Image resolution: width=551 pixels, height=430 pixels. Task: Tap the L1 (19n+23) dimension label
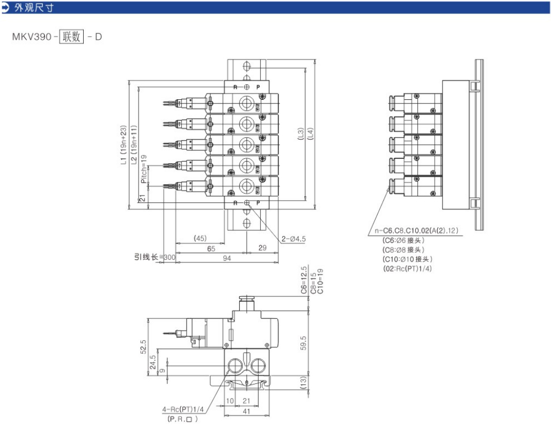[123, 144]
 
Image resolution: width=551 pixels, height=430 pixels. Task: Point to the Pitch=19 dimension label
[143, 169]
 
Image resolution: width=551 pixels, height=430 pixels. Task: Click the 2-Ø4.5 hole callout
[293, 238]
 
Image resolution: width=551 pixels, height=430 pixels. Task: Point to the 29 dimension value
[262, 249]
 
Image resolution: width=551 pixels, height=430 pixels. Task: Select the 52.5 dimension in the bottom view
[144, 346]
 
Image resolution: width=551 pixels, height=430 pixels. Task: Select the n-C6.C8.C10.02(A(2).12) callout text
[416, 231]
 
